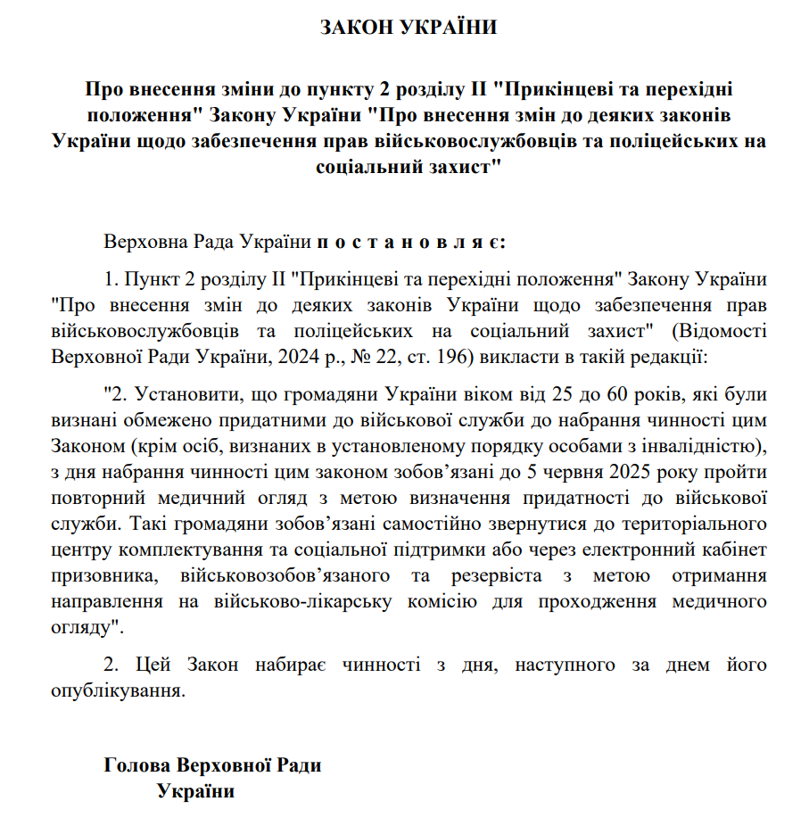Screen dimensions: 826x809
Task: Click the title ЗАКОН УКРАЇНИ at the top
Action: (x=408, y=28)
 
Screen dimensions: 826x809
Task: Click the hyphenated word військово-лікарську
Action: (x=315, y=601)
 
